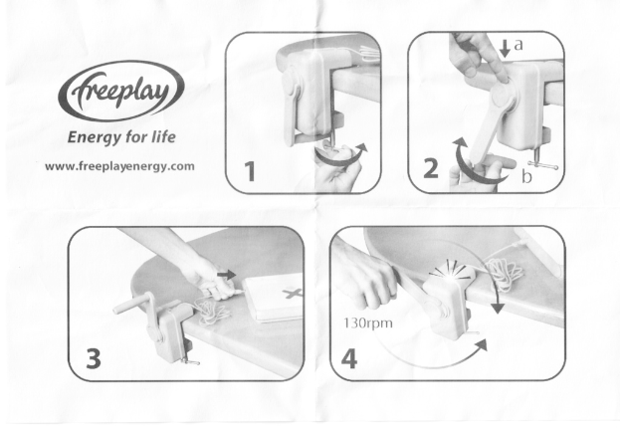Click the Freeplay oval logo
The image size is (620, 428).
pyautogui.click(x=121, y=91)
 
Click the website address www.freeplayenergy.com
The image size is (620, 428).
pyautogui.click(x=119, y=166)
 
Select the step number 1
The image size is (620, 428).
pyautogui.click(x=249, y=171)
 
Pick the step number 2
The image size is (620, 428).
pyautogui.click(x=431, y=168)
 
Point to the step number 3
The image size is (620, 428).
pyautogui.click(x=94, y=358)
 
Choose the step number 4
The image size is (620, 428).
pyautogui.click(x=349, y=358)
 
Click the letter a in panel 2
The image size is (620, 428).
pyautogui.click(x=518, y=45)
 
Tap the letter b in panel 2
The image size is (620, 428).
pyautogui.click(x=526, y=176)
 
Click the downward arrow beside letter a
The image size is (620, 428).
pyautogui.click(x=505, y=48)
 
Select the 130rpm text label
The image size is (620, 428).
pyautogui.click(x=368, y=323)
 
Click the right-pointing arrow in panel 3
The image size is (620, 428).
pyautogui.click(x=227, y=275)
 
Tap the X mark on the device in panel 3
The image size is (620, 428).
pyautogui.click(x=292, y=293)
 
